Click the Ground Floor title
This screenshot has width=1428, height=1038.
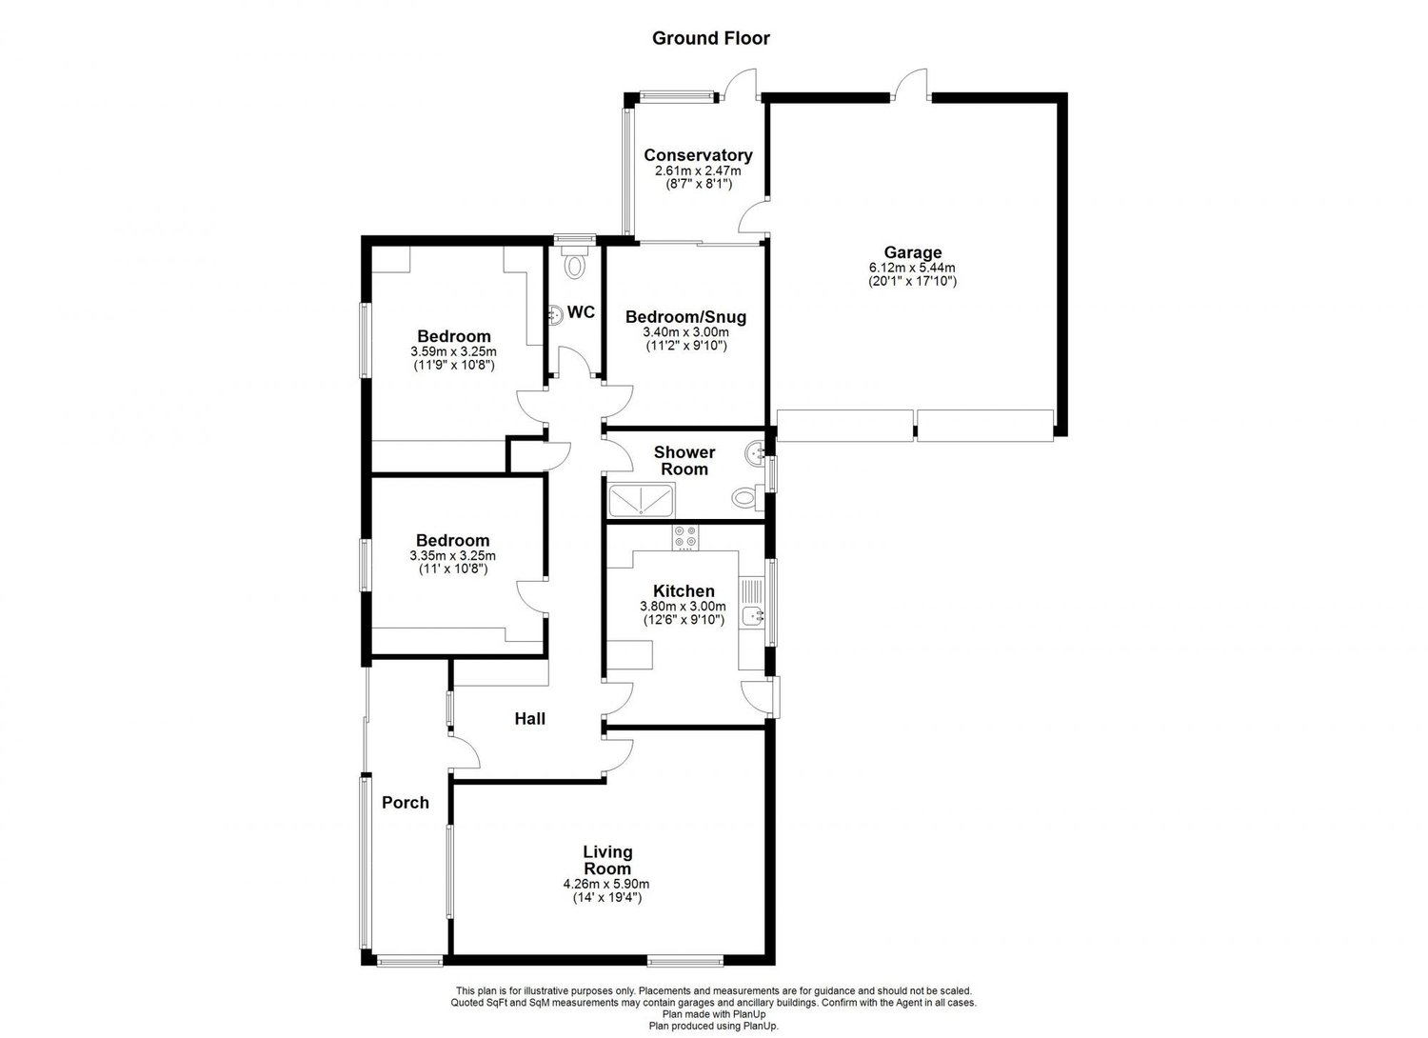pos(710,38)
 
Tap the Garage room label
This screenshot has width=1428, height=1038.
pos(911,252)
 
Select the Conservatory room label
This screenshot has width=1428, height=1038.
pos(698,155)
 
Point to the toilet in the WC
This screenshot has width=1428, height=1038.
pos(575,263)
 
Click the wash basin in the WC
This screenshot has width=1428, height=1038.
pos(556,314)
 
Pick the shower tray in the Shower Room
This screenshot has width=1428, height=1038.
pos(641,500)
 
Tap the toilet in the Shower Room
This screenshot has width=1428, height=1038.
pos(745,497)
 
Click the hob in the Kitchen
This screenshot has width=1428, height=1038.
pos(684,537)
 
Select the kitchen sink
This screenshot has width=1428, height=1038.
pos(753,616)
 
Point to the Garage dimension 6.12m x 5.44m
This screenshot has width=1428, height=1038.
pos(911,268)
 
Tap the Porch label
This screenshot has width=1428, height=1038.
pos(406,803)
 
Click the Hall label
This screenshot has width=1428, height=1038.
pos(529,719)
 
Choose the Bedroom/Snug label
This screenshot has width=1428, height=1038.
pos(685,317)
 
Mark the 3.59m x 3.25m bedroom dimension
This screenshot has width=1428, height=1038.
pos(453,351)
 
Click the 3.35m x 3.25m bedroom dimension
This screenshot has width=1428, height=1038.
pos(453,556)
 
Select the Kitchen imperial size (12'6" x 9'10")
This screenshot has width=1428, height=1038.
pos(683,620)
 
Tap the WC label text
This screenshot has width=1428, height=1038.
pos(582,312)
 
